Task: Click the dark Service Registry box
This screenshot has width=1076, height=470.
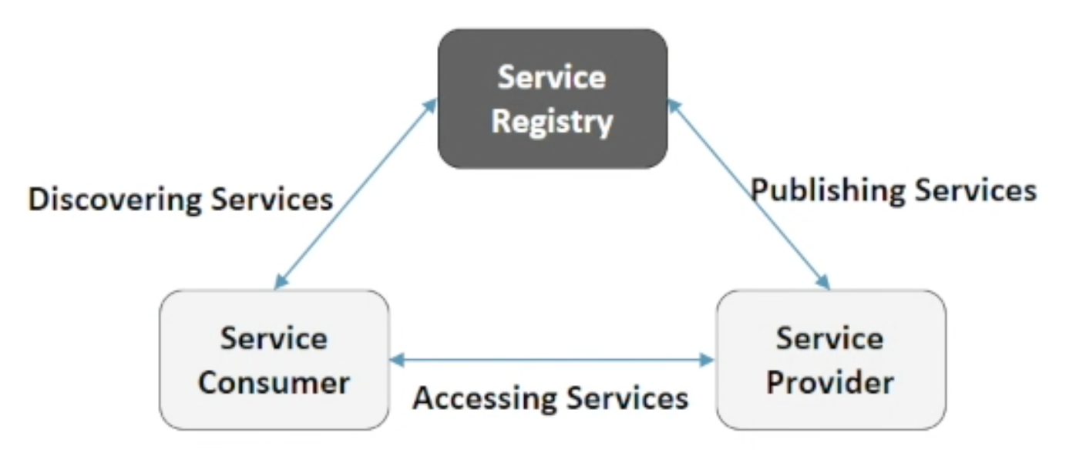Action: coord(553,99)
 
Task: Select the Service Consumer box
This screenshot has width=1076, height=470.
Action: coord(274,360)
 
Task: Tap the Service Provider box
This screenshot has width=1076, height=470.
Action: coord(831,360)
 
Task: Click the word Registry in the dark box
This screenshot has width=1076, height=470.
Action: coord(553,122)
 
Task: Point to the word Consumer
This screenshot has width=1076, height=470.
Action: coord(274,383)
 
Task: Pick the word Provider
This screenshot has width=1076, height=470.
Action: coord(830,383)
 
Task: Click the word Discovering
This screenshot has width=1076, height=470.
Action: coord(115,200)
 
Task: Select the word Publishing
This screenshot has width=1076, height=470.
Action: coord(828,191)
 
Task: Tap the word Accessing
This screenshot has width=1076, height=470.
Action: coord(485,399)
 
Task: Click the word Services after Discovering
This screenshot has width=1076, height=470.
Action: coord(272,199)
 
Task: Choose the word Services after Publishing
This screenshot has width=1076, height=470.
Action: coord(976,190)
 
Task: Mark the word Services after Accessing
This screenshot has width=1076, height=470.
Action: coord(627,398)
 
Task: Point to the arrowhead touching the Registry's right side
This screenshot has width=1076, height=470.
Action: coord(675,106)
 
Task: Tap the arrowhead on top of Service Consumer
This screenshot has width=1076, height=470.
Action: coord(281,282)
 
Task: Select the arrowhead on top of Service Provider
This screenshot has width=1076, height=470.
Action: coord(823,282)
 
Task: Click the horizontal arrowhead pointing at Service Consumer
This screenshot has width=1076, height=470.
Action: coord(397,360)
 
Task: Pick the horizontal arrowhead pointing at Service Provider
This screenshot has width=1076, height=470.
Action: coord(707,360)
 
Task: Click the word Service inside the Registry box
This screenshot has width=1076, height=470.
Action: coord(552,77)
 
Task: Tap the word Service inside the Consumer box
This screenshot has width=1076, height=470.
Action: coord(274,338)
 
